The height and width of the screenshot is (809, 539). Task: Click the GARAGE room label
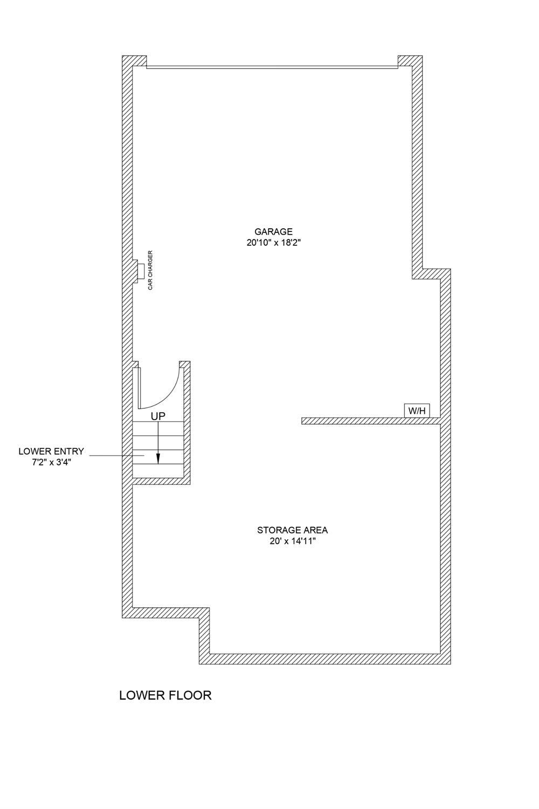pyautogui.click(x=273, y=232)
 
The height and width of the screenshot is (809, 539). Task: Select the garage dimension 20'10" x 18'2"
pyautogui.click(x=273, y=243)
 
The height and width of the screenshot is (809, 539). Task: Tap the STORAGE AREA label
pyautogui.click(x=292, y=530)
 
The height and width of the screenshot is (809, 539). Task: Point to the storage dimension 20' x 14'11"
pyautogui.click(x=292, y=541)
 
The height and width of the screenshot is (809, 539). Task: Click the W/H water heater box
pyautogui.click(x=417, y=411)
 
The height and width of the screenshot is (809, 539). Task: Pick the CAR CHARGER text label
pyautogui.click(x=151, y=270)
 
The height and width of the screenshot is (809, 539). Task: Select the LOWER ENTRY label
pyautogui.click(x=51, y=451)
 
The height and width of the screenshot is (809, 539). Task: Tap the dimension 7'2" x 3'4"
pyautogui.click(x=51, y=462)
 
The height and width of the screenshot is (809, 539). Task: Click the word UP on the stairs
pyautogui.click(x=158, y=416)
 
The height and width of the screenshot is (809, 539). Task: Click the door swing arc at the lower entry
pyautogui.click(x=171, y=391)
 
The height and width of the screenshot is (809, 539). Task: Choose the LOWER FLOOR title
pyautogui.click(x=165, y=695)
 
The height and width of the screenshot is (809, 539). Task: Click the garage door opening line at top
pyautogui.click(x=272, y=67)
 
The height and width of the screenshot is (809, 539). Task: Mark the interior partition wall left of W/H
pyautogui.click(x=367, y=421)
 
